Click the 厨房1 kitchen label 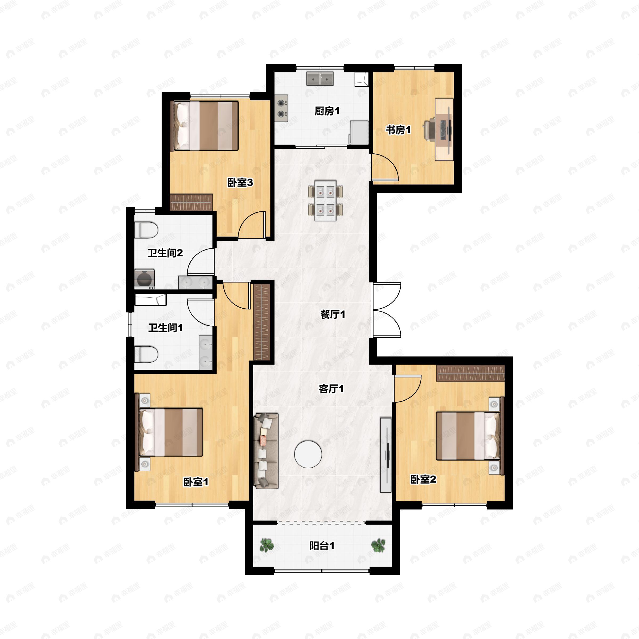(327, 111)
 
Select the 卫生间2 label (165, 253)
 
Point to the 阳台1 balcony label (322, 546)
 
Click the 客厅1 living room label (331, 389)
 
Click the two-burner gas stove (281, 108)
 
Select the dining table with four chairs (325, 200)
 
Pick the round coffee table (308, 454)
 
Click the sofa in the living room (266, 451)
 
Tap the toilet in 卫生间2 (146, 230)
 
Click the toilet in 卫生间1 (146, 354)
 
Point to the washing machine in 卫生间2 (145, 279)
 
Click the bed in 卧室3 (204, 126)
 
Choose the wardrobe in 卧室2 (471, 373)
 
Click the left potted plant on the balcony (266, 545)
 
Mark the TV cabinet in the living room (386, 455)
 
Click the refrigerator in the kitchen (359, 133)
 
